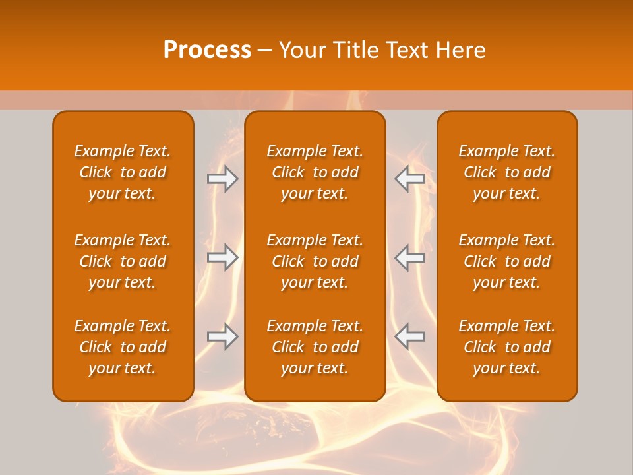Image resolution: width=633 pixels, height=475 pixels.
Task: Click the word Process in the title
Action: click(207, 50)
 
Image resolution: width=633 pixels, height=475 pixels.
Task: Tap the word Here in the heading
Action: click(460, 50)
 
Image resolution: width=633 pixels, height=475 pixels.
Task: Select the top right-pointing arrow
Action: click(223, 179)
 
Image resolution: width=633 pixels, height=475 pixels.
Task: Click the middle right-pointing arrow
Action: click(223, 257)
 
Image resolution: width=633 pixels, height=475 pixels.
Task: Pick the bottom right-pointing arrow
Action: click(223, 336)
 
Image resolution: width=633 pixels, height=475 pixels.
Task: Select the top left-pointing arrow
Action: click(409, 179)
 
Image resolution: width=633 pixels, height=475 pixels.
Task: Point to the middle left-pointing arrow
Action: click(409, 257)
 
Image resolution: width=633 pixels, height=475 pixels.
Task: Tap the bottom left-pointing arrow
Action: click(409, 336)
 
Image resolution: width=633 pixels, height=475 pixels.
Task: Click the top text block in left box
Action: click(123, 172)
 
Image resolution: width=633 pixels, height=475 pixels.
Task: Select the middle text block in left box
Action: click(123, 261)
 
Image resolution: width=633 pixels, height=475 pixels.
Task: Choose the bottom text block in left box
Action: click(123, 347)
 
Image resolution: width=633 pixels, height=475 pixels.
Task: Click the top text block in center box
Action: click(315, 172)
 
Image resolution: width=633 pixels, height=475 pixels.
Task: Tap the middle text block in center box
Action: click(315, 261)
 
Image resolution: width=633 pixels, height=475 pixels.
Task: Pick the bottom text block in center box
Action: click(315, 347)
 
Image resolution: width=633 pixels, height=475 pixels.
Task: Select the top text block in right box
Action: click(507, 172)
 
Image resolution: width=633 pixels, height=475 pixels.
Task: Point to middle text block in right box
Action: click(507, 261)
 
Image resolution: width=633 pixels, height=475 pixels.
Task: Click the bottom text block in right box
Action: click(507, 347)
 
